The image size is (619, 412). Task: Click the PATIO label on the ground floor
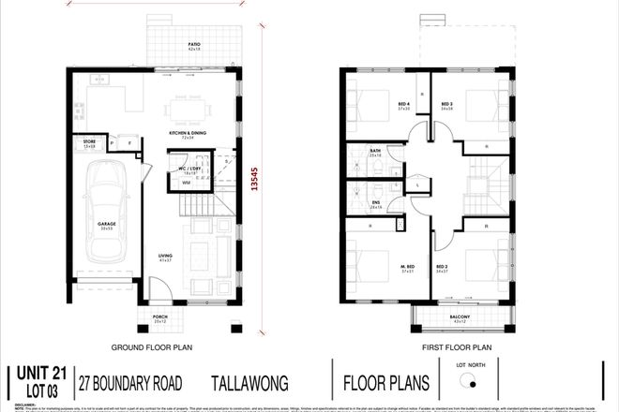tap(195, 45)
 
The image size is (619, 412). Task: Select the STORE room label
tap(90, 144)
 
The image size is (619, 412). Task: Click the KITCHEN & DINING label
tap(187, 135)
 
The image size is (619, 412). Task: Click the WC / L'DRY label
tap(191, 169)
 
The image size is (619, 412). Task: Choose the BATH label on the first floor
tap(375, 152)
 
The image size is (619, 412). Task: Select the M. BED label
tap(408, 267)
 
